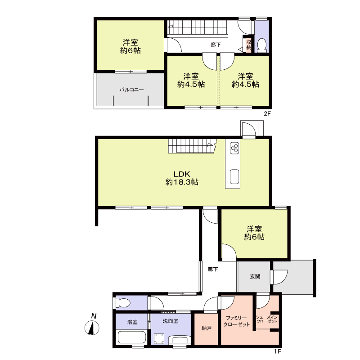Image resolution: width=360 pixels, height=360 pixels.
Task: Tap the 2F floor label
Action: click(x=267, y=114)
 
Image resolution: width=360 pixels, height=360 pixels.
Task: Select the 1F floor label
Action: click(x=278, y=351)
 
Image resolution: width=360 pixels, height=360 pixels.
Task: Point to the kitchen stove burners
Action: click(x=234, y=148)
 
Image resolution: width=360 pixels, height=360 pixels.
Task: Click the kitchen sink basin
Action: click(x=234, y=176)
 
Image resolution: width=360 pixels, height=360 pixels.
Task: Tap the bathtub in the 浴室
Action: click(x=132, y=337)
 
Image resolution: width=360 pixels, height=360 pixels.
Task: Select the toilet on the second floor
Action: click(x=262, y=45)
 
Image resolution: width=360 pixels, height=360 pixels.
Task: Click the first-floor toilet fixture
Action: click(x=121, y=303)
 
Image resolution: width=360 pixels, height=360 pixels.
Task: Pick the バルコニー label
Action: click(x=131, y=90)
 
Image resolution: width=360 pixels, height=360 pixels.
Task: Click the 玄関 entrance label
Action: click(x=255, y=276)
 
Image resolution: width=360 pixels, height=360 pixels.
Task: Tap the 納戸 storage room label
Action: click(x=207, y=328)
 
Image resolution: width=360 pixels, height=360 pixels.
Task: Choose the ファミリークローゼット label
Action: click(x=237, y=321)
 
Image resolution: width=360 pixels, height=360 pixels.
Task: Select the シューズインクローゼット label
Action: click(x=266, y=319)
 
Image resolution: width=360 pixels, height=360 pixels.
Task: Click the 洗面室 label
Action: click(x=171, y=321)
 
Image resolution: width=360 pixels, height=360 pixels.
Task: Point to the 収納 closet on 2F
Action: click(x=249, y=45)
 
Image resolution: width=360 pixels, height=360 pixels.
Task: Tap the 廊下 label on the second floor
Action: click(x=216, y=45)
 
